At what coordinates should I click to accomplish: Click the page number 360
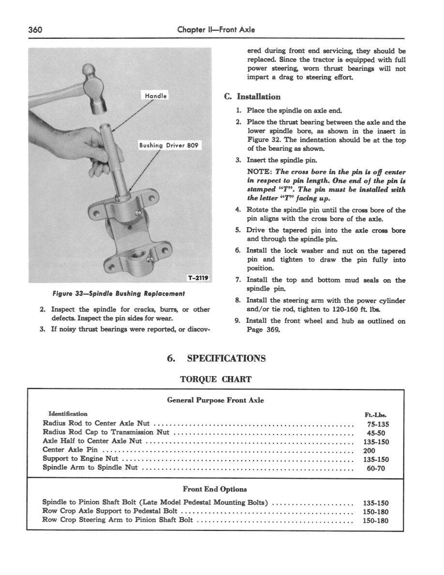click(x=36, y=30)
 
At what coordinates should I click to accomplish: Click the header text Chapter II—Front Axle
click(x=216, y=30)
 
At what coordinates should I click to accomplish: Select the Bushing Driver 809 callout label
click(x=169, y=145)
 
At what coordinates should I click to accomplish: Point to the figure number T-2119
click(x=198, y=278)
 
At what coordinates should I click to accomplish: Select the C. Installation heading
click(x=252, y=96)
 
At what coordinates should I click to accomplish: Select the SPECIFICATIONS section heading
click(x=226, y=358)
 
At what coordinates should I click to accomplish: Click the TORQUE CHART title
click(x=216, y=379)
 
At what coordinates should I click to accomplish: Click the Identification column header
click(x=68, y=414)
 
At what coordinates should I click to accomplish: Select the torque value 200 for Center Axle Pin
click(x=369, y=450)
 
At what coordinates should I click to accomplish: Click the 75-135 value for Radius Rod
click(x=376, y=424)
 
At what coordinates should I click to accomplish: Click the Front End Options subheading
click(x=215, y=489)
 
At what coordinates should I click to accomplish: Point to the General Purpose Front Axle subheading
click(x=215, y=400)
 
